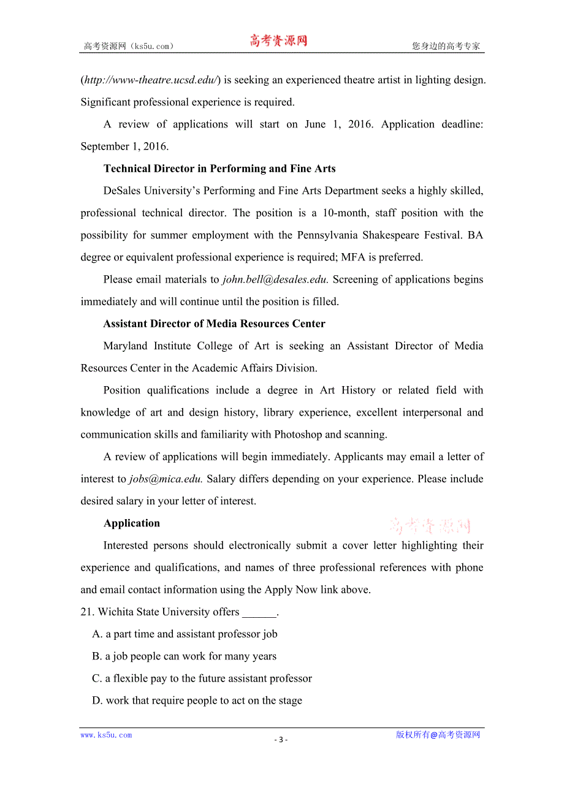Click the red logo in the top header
pos(278,41)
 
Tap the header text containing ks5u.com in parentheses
pos(129,46)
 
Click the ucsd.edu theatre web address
pos(150,80)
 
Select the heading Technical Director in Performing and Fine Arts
pos(219,169)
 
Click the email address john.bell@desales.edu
pos(275,279)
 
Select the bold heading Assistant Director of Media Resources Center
pos(214,324)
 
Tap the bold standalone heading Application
pos(132,523)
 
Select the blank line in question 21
pos(259,612)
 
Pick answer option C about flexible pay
pos(202,678)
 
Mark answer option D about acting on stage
pos(197,701)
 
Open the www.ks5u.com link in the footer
pos(106,735)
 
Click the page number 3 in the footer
pos(281,739)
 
